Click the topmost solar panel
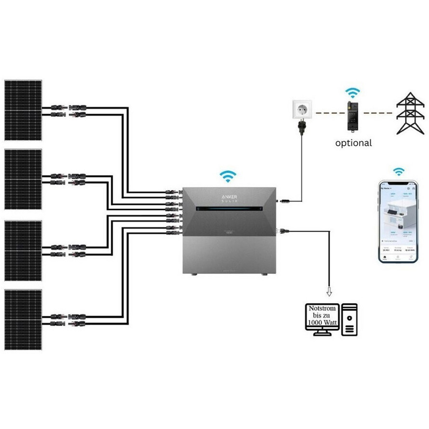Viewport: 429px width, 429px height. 23,110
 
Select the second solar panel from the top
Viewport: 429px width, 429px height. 23,179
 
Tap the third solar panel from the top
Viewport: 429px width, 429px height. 23,251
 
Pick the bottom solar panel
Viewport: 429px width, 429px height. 23,320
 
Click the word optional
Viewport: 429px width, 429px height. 354,143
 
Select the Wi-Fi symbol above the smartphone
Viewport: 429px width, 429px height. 398,171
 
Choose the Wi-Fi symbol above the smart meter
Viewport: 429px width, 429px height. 353,93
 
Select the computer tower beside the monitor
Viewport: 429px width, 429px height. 349,319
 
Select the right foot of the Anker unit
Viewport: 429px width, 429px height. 264,274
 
